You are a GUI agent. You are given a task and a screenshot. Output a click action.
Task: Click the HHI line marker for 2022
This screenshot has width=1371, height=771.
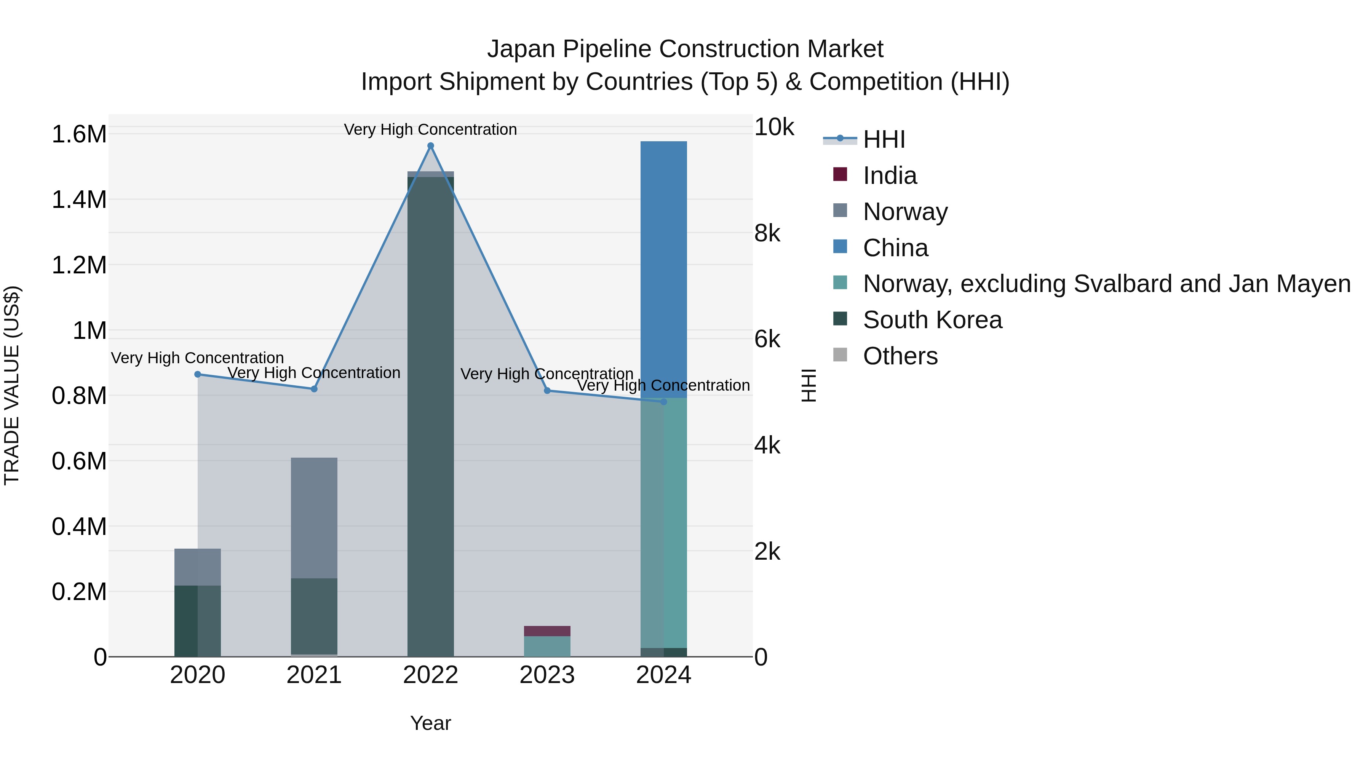coord(431,146)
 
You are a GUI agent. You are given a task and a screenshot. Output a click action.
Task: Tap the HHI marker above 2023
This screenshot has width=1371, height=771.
coord(547,391)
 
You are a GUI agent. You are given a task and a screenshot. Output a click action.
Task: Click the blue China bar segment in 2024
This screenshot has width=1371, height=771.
coord(663,269)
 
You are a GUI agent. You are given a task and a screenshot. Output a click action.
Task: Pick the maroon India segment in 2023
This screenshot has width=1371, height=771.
coord(547,631)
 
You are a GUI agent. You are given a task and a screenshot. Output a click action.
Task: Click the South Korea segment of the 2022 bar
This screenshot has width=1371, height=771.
coord(431,415)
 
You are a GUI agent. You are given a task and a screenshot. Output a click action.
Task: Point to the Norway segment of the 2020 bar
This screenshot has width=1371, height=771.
coord(197,567)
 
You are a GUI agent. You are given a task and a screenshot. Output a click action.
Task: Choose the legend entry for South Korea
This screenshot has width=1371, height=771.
coord(932,320)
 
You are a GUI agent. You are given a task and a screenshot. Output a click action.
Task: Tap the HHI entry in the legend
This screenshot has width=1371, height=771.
coord(884,139)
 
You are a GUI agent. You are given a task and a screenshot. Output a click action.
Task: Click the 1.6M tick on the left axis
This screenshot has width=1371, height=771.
coord(79,134)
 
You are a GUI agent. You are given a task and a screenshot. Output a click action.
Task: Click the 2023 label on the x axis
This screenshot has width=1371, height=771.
coord(547,675)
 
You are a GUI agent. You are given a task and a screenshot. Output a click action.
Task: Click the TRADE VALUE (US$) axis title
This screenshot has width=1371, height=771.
coord(12,385)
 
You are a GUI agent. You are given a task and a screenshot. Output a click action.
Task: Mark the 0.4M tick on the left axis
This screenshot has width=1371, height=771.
coord(79,527)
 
